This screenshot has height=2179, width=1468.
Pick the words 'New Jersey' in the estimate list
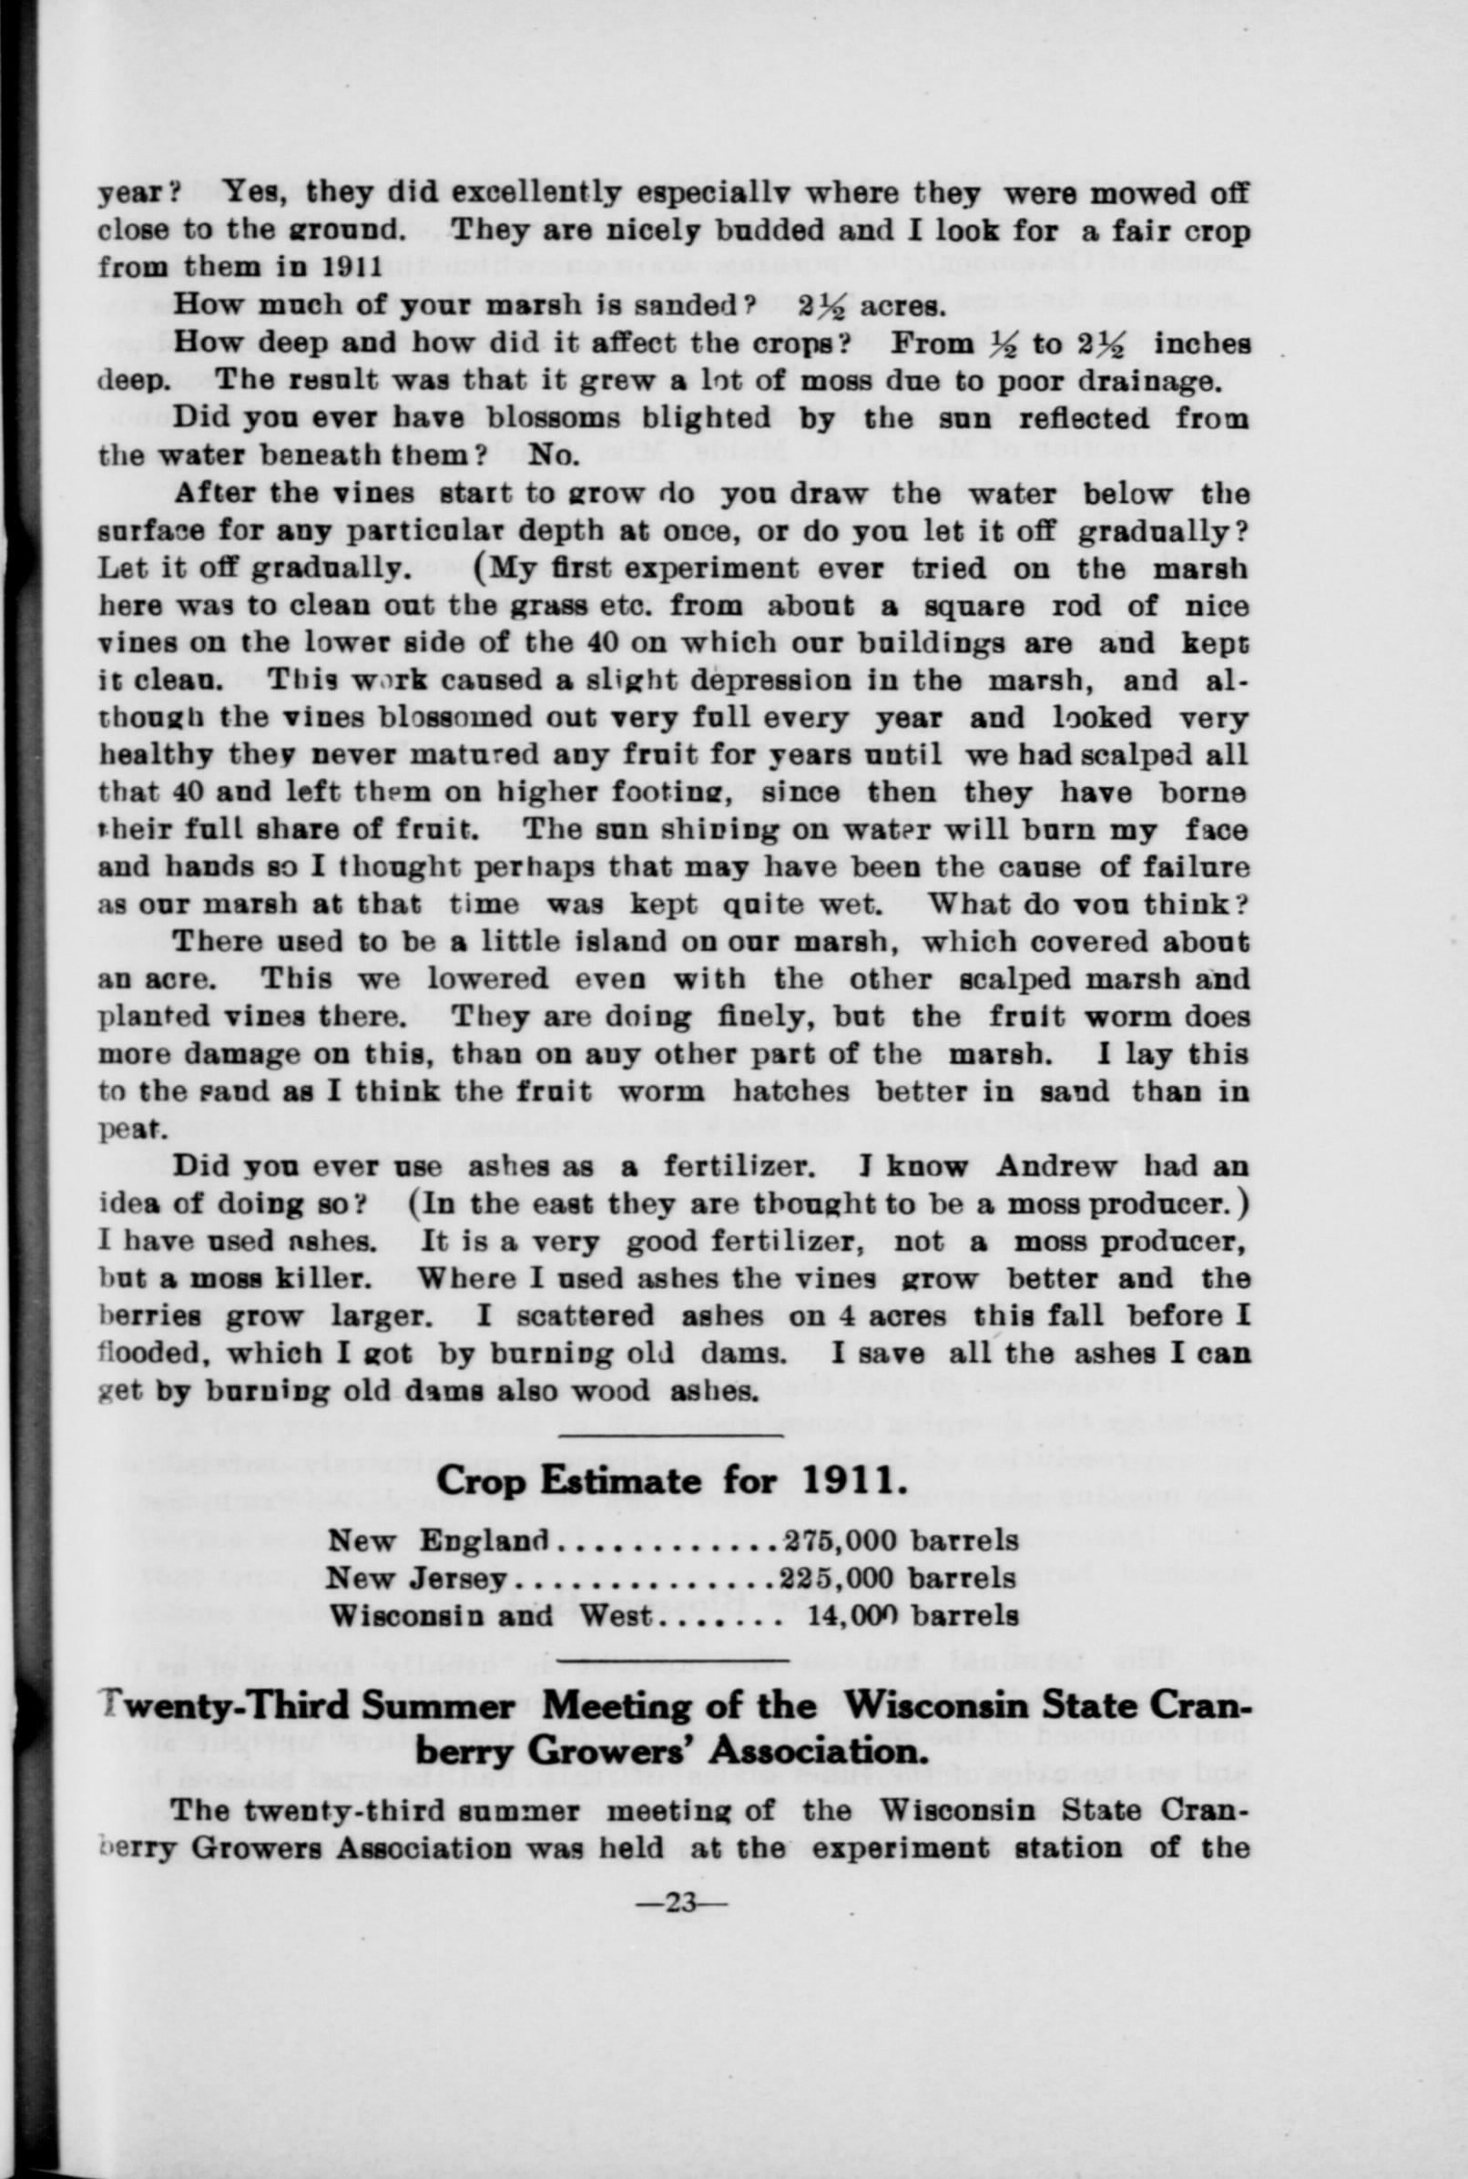416,1578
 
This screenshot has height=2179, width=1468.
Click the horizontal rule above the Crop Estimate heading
670,1433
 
